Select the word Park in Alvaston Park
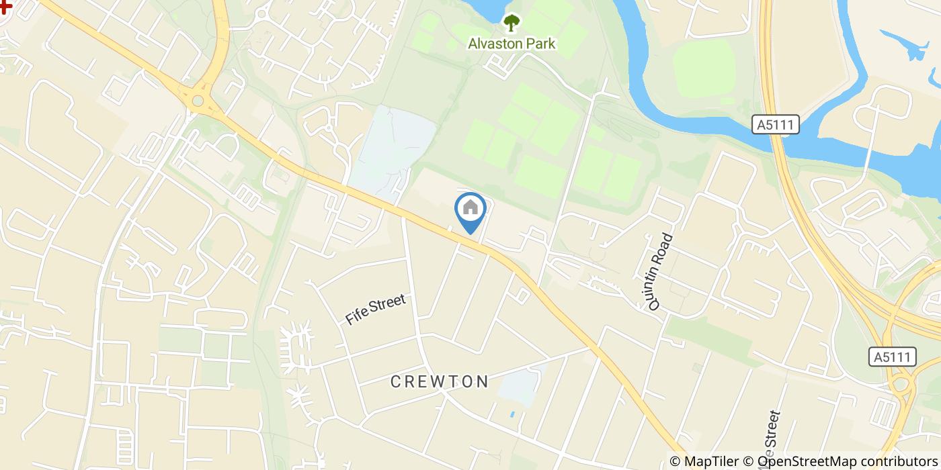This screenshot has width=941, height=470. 541,44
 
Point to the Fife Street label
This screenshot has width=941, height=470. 376,310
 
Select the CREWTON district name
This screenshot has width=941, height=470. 440,382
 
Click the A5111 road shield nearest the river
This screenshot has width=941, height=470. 775,124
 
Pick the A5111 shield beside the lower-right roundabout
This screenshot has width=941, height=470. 892,357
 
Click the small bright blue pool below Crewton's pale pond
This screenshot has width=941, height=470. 512,414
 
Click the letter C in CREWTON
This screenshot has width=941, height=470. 397,382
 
